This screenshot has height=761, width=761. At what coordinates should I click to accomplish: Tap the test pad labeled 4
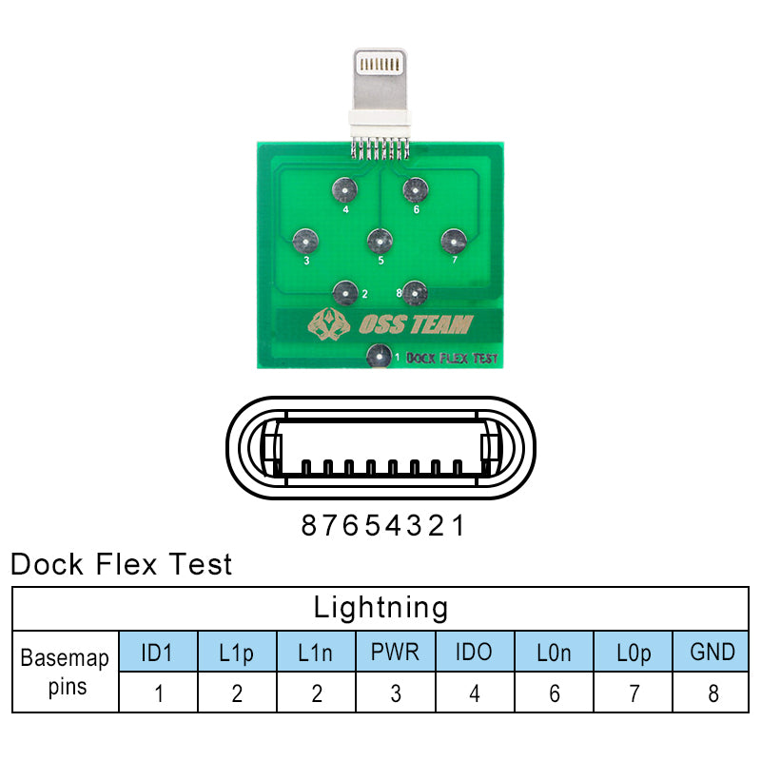(x=343, y=190)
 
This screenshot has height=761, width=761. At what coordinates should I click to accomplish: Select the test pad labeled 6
(x=411, y=188)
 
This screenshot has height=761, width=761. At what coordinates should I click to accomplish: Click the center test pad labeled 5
(x=380, y=240)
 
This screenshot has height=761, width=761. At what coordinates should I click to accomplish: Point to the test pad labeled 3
(x=304, y=239)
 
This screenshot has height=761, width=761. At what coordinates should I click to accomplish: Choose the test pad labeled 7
(x=451, y=239)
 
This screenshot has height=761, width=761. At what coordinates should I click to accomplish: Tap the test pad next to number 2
(x=344, y=290)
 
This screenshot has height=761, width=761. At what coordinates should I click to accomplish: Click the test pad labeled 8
(x=413, y=290)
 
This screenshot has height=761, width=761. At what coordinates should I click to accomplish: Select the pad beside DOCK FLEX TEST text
(x=378, y=358)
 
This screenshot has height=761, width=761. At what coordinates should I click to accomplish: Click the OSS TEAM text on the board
(x=415, y=325)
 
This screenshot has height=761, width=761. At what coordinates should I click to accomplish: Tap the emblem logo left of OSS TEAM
(x=328, y=325)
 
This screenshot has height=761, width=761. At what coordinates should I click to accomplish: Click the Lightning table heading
(x=380, y=607)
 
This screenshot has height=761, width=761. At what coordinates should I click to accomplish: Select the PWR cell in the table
(x=396, y=652)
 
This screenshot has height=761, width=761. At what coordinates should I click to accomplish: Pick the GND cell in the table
(x=712, y=652)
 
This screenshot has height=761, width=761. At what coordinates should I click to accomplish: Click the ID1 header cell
(x=159, y=652)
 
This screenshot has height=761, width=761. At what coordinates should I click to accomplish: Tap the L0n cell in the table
(x=555, y=652)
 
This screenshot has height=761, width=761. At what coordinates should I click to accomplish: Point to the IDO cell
(x=475, y=652)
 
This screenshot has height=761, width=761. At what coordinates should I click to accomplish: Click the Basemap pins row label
(x=66, y=671)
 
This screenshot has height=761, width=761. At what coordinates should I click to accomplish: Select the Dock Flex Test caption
(x=121, y=564)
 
